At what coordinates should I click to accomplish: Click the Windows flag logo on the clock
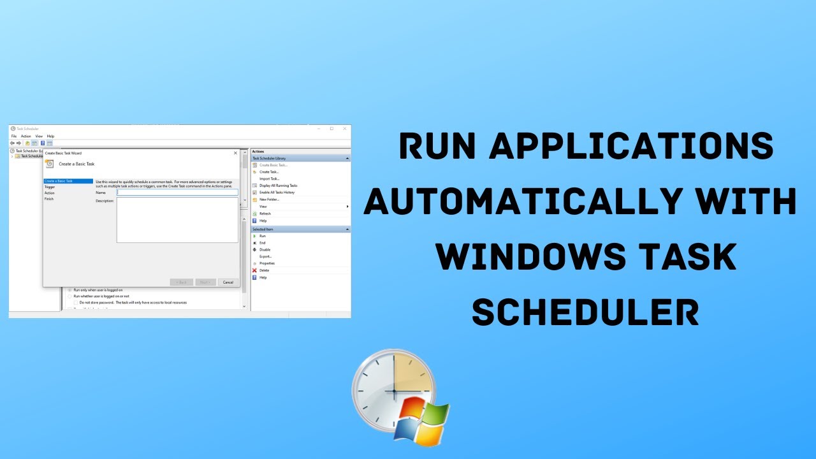(421, 422)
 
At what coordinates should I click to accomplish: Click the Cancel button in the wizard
(226, 282)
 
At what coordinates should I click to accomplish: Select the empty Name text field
(177, 192)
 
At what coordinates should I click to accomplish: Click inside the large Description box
(177, 220)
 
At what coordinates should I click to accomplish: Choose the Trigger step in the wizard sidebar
(50, 187)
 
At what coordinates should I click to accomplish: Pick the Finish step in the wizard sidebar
(49, 199)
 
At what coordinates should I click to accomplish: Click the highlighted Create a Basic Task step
(59, 181)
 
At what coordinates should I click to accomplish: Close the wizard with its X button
(235, 153)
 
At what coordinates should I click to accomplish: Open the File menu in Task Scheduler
(14, 136)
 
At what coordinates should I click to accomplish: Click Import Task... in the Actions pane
(269, 178)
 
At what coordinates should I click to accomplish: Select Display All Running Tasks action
(278, 186)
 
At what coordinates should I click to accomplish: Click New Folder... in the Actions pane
(269, 200)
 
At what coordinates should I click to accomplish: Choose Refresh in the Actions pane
(265, 214)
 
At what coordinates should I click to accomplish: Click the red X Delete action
(264, 270)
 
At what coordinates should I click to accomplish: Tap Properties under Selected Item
(266, 263)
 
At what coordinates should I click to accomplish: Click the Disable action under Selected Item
(265, 249)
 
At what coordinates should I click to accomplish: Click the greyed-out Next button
(205, 282)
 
